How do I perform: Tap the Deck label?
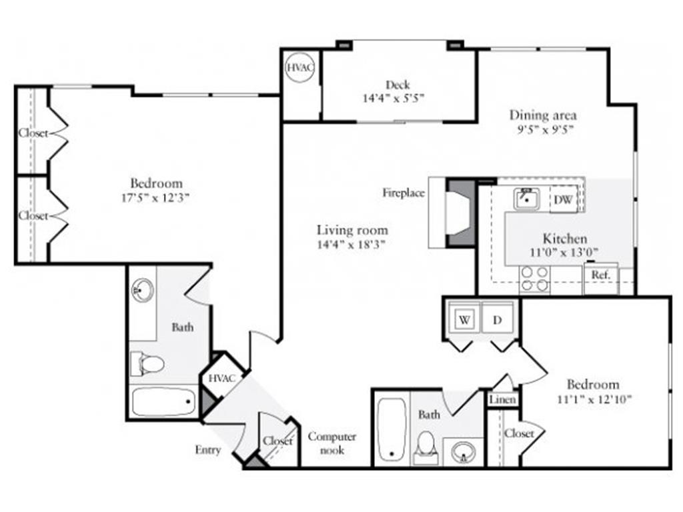tap(398, 85)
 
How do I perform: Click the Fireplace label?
tap(403, 193)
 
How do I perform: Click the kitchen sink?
tap(526, 198)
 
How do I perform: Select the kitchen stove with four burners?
tap(534, 279)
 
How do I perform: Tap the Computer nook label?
tap(331, 443)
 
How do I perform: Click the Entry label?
tap(207, 450)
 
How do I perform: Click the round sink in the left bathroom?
tap(142, 290)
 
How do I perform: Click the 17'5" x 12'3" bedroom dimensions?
tap(156, 197)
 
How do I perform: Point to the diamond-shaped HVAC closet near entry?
tap(221, 379)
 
